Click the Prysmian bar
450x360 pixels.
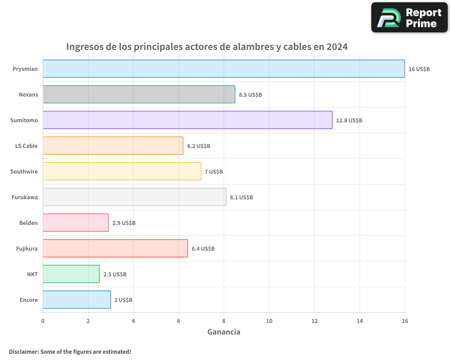pos(224,69)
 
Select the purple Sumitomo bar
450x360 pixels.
pos(188,120)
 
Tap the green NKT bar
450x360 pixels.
pos(71,274)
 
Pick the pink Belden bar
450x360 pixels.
pos(76,223)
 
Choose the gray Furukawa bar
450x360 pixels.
pos(134,197)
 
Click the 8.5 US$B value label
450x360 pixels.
pos(250,95)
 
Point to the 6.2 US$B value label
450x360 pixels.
pos(198,146)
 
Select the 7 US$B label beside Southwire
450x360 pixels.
pos(214,172)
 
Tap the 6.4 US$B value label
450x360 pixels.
pos(203,249)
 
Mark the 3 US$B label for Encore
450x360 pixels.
pos(123,300)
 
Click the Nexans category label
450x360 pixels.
pos(28,94)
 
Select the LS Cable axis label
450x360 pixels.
pos(27,146)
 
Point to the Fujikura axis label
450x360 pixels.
pos(27,248)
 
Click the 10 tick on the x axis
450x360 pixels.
pos(269,321)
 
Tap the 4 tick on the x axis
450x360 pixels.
pos(133,321)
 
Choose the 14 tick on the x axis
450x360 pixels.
pos(360,321)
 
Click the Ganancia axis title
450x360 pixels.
pos(224,332)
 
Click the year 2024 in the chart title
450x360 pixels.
pos(337,47)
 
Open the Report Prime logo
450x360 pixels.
pos(409,18)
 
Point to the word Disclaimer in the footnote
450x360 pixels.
pos(23,351)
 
